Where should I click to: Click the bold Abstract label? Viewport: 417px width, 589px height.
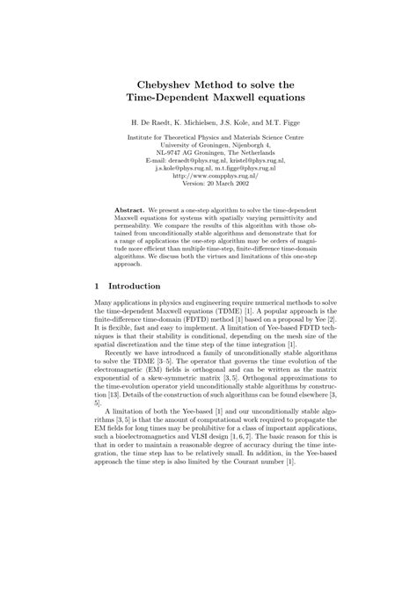pyautogui.click(x=131, y=211)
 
